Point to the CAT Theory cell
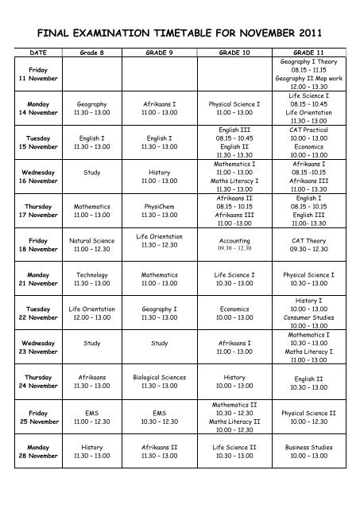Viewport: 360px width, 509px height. (309, 242)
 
